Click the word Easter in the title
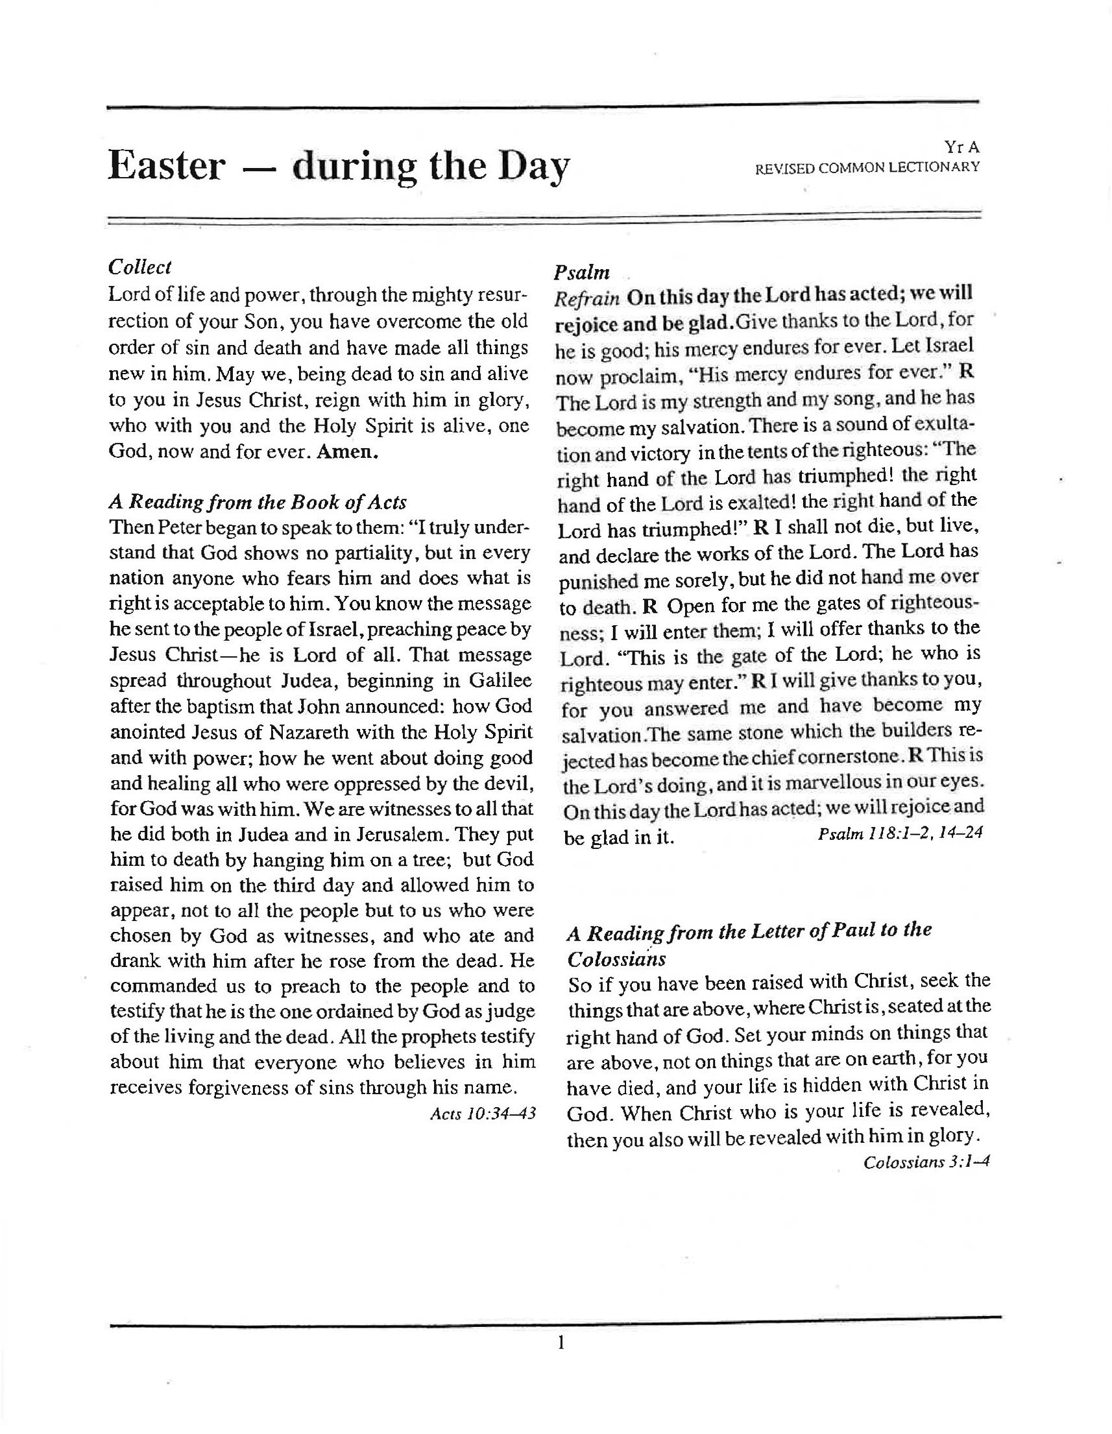[166, 165]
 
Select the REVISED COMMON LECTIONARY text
[867, 168]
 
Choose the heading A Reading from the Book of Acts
[258, 502]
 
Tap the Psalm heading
[581, 272]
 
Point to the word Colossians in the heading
[617, 959]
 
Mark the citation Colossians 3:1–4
[926, 1162]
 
